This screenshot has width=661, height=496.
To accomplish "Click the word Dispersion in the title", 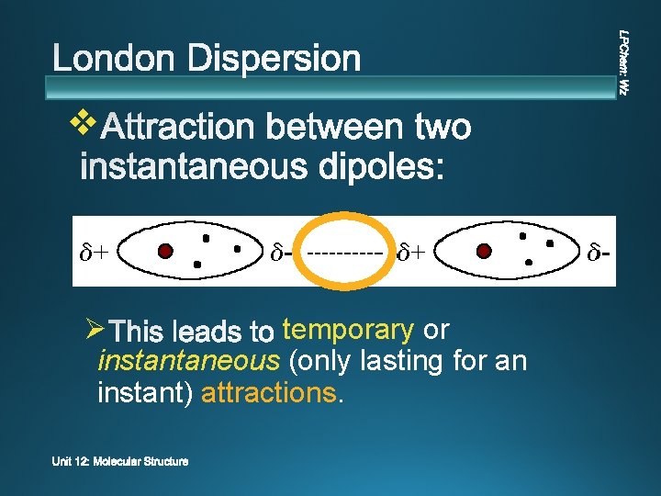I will click(274, 60).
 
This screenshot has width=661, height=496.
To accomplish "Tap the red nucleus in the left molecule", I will click(165, 251).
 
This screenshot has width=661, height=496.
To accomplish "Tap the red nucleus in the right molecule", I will click(485, 250).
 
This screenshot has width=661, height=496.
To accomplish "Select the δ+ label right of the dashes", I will click(411, 251).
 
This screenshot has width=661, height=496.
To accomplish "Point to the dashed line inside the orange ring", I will click(345, 251).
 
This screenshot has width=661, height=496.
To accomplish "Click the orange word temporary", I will click(348, 329).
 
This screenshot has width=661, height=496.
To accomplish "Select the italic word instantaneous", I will click(188, 361).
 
